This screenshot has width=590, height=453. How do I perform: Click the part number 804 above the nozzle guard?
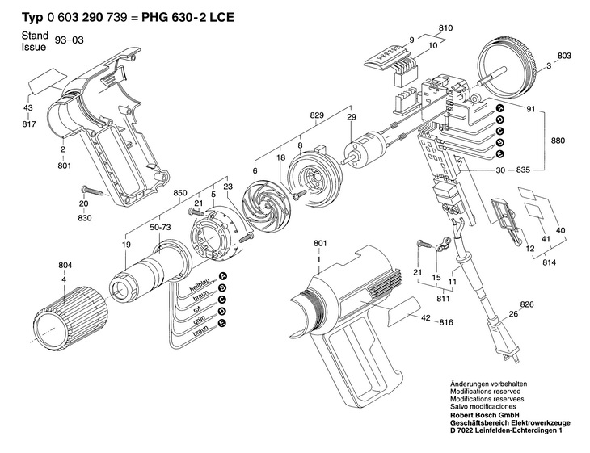(65, 266)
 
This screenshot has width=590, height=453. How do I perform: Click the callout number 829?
(317, 115)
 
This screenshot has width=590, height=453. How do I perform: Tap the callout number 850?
(180, 193)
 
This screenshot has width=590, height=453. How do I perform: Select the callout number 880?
(558, 141)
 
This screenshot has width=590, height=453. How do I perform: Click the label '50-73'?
(160, 227)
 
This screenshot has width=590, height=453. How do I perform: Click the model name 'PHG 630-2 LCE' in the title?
(188, 17)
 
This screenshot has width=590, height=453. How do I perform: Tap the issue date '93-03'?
(70, 40)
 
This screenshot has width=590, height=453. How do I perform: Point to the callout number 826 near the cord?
(527, 304)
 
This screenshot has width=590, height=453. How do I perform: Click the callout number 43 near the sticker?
(27, 108)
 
